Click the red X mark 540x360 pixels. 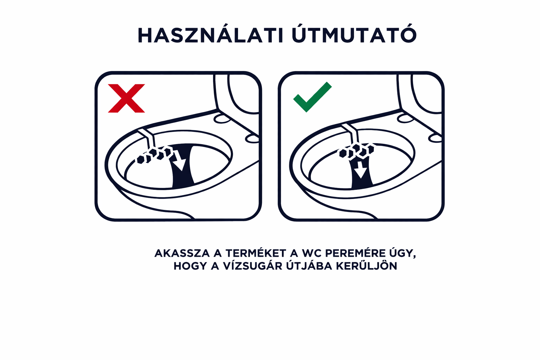[x=126, y=98]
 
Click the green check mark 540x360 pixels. [x=313, y=97]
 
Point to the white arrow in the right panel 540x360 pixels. [x=361, y=169]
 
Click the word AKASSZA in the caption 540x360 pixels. [x=182, y=253]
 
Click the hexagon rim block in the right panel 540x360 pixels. [x=356, y=151]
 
